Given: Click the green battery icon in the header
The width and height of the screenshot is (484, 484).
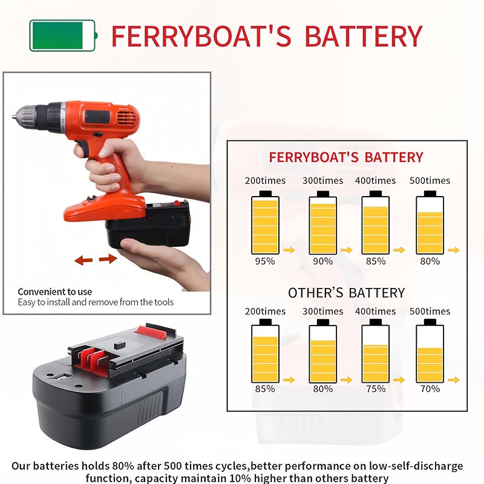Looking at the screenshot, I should tap(63, 35).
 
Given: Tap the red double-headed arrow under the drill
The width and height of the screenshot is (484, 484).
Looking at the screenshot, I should tap(96, 260).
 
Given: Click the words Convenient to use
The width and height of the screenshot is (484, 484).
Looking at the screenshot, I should tap(55, 292).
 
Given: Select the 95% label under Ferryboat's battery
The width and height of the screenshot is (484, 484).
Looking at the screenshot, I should tap(265, 261).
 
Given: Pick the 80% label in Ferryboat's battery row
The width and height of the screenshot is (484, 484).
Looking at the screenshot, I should tap(430, 261).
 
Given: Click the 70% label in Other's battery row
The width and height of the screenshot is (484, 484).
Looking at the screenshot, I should tap(430, 389).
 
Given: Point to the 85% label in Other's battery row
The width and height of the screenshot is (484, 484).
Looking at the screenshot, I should tap(265, 389).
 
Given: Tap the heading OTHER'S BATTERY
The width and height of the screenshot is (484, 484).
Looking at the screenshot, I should tap(346, 293).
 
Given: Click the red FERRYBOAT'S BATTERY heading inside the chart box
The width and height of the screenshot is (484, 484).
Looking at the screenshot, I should tap(346, 157).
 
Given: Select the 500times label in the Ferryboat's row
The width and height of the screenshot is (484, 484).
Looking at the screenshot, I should tap(430, 180).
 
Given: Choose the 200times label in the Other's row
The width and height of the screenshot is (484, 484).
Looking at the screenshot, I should tap(265, 312).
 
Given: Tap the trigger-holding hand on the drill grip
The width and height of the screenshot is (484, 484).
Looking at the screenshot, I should tap(112, 160).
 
